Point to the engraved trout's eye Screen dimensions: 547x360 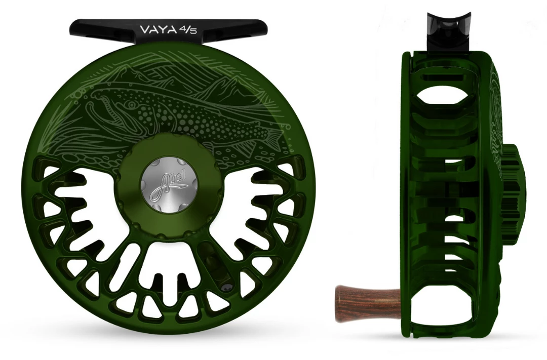131,104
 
